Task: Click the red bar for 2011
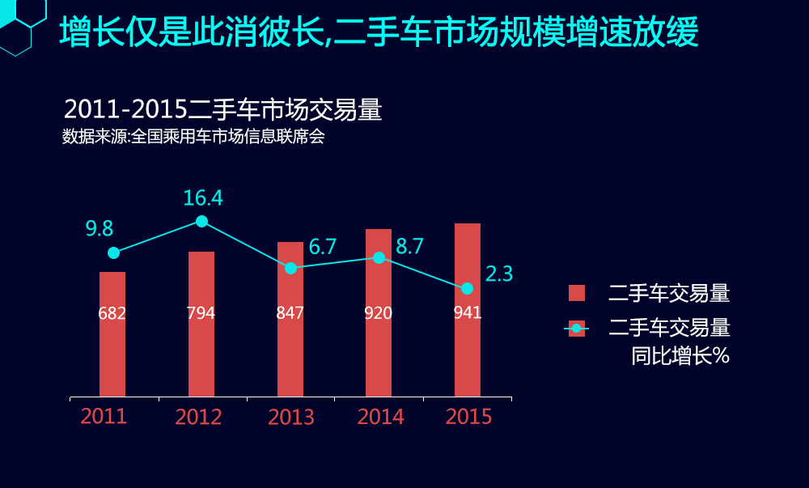click(112, 356)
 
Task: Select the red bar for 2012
click(201, 348)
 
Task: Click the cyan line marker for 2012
click(201, 222)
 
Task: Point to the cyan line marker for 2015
click(467, 289)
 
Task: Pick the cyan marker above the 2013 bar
click(290, 268)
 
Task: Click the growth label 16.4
click(202, 198)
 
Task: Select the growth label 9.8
click(100, 229)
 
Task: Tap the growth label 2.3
click(499, 274)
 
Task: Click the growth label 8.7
click(409, 247)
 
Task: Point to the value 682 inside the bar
click(112, 313)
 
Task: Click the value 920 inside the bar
click(378, 313)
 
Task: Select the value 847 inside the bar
click(290, 313)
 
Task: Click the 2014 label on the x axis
click(380, 417)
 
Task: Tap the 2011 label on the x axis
click(104, 417)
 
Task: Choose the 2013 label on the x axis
click(291, 418)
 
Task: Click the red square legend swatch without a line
click(576, 293)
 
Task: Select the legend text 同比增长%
click(680, 356)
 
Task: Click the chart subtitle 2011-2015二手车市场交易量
click(222, 111)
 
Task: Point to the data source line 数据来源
click(193, 137)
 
